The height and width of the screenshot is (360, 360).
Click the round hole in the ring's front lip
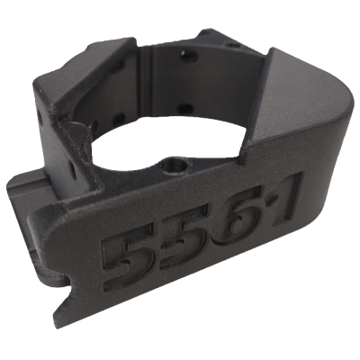point(174,165)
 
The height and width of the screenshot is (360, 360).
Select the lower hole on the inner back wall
point(185,107)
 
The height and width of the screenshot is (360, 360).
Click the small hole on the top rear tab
point(232,46)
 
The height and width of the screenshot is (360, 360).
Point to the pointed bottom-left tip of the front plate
point(56,319)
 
